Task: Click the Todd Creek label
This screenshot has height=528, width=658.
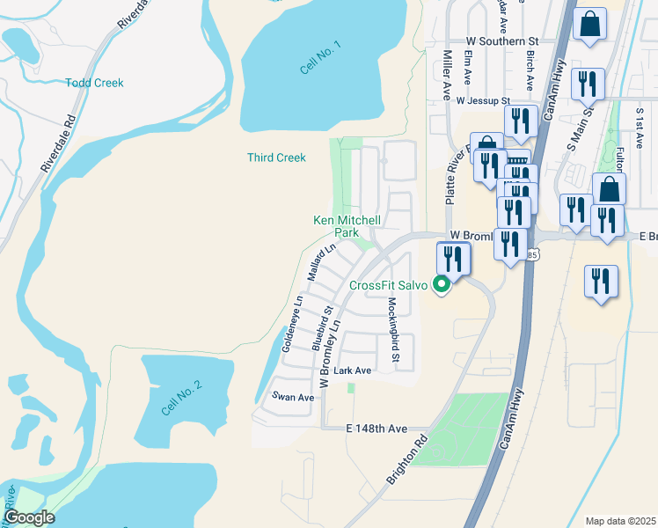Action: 94,83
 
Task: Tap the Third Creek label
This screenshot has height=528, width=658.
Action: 276,158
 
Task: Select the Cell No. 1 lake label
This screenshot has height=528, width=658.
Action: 319,55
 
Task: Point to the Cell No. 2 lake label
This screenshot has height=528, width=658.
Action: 182,398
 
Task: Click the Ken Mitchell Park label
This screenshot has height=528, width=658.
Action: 347,226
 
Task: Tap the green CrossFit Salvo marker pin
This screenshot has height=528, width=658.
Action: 442,285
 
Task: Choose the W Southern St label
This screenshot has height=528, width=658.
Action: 501,41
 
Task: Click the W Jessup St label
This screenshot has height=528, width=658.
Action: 483,101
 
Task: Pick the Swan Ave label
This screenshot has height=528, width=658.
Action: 293,397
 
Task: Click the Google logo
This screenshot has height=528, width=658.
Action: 28,517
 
